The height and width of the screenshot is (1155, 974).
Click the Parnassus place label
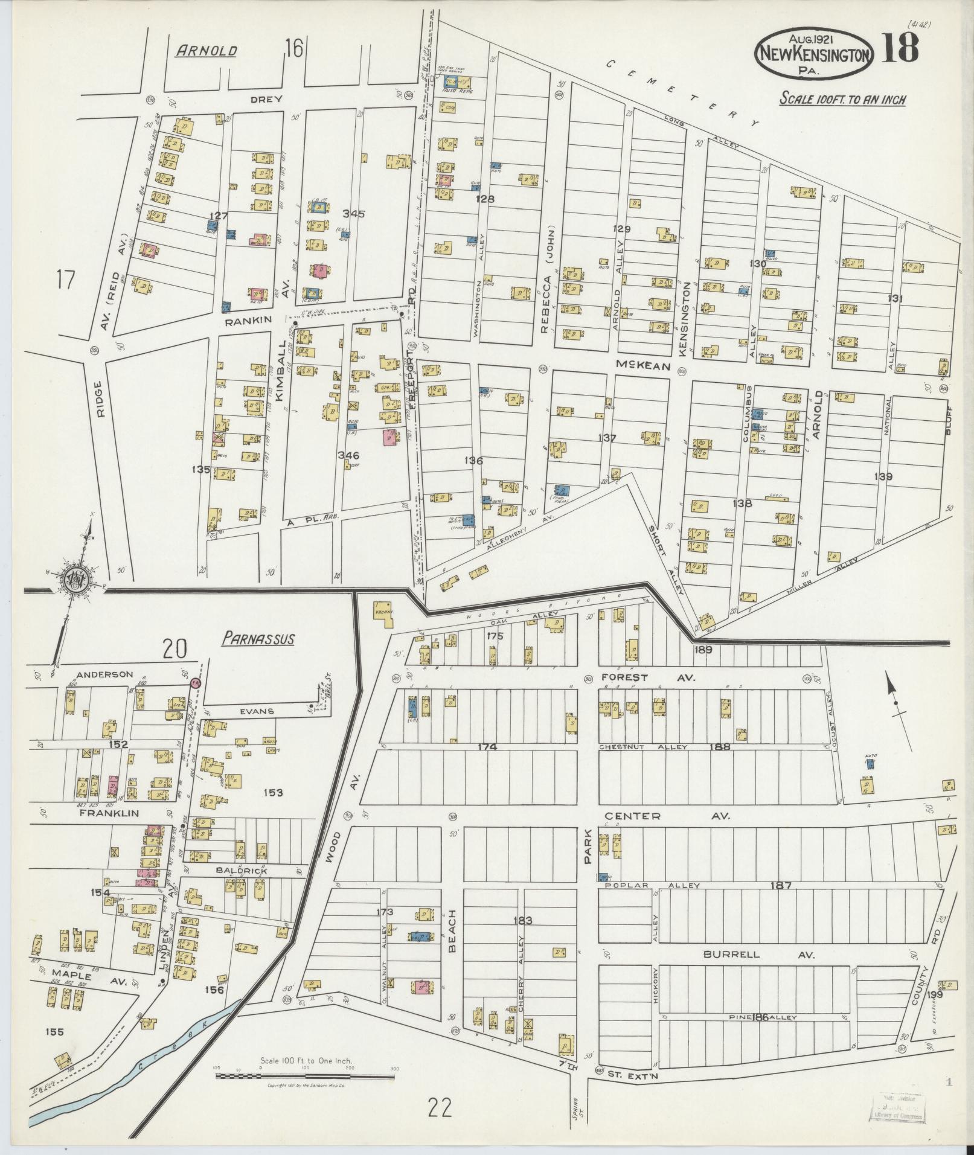tap(258, 638)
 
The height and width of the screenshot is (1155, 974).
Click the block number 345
tap(354, 213)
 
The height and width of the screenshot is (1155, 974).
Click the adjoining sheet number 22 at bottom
tap(439, 1109)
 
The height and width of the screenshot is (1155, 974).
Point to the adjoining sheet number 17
tap(66, 280)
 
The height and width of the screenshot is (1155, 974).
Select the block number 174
tap(487, 747)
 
